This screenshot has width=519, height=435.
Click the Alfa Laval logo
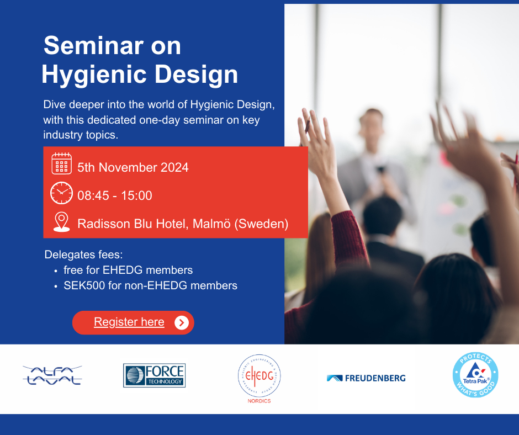[52, 375]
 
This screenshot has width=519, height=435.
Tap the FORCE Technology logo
[154, 375]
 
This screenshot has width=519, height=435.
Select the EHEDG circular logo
[259, 376]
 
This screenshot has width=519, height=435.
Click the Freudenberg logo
[366, 378]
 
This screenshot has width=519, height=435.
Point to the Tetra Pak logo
[475, 375]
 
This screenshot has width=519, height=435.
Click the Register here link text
[129, 322]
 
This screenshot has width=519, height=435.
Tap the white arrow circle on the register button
[182, 322]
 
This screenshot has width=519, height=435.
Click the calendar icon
[62, 163]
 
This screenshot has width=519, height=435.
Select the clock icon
[61, 193]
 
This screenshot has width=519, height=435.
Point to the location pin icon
[62, 222]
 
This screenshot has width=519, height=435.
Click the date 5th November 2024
[133, 167]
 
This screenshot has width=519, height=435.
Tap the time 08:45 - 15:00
[115, 195]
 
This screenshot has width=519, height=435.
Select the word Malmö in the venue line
[211, 224]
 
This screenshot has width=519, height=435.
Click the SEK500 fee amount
[84, 285]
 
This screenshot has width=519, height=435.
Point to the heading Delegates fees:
[84, 254]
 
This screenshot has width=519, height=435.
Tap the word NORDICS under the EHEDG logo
[259, 401]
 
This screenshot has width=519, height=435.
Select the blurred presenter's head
[372, 125]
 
